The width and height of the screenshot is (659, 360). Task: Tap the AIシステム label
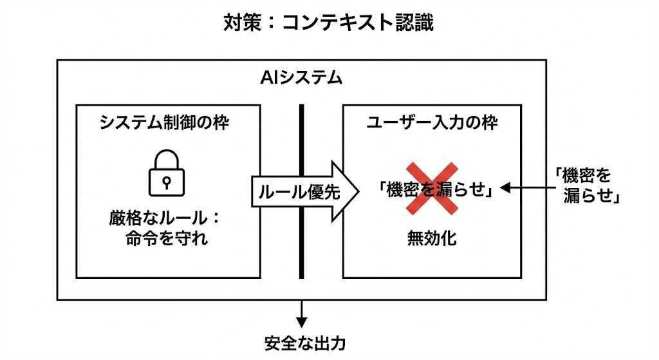[x=301, y=79]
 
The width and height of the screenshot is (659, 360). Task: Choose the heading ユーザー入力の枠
[x=431, y=122]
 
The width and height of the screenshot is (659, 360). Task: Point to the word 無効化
[x=431, y=238]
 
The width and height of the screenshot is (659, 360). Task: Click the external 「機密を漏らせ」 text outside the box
[x=586, y=185]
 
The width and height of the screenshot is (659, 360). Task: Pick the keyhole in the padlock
[x=167, y=181]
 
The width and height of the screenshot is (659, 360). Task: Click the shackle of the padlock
[x=167, y=160]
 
